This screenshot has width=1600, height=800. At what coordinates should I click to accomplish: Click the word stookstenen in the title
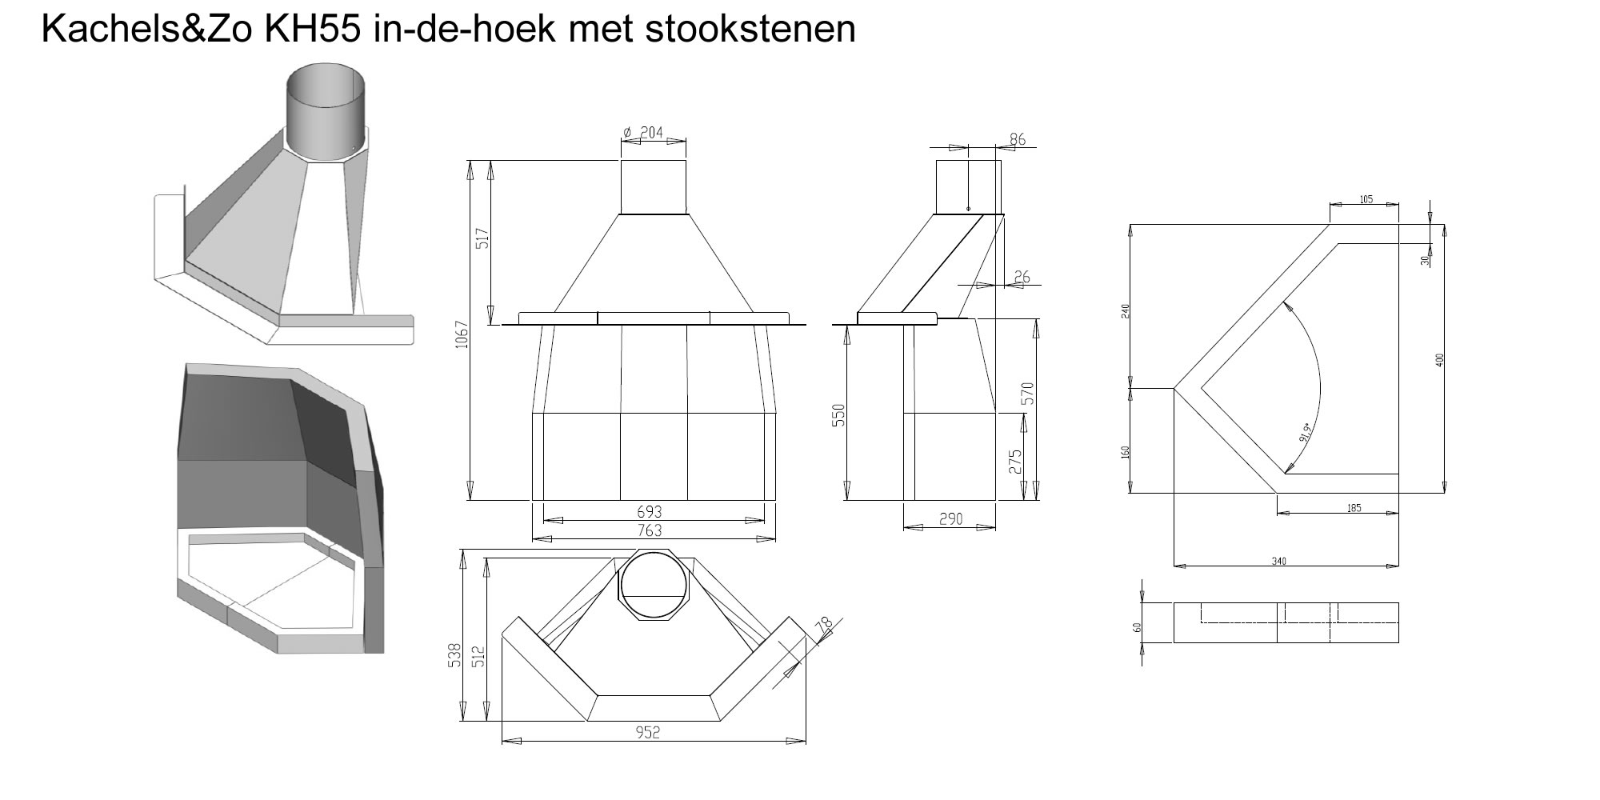pyautogui.click(x=750, y=29)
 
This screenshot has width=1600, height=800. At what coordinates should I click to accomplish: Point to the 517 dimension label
pyautogui.click(x=482, y=238)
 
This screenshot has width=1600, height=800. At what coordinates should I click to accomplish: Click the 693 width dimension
pyautogui.click(x=650, y=511)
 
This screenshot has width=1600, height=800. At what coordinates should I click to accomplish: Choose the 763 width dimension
pyautogui.click(x=650, y=530)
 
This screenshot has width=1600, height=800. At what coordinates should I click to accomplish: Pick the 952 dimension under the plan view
pyautogui.click(x=648, y=732)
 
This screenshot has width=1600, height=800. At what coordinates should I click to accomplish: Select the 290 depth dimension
pyautogui.click(x=950, y=519)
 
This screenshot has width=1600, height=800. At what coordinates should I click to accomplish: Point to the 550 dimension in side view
pyautogui.click(x=839, y=415)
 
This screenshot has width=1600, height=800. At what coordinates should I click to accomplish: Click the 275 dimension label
pyautogui.click(x=1015, y=462)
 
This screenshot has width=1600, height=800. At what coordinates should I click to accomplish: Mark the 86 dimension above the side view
pyautogui.click(x=1017, y=139)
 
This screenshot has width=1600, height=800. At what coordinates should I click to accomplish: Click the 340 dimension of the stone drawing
pyautogui.click(x=1278, y=562)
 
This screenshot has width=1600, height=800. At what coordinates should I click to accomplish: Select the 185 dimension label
pyautogui.click(x=1354, y=508)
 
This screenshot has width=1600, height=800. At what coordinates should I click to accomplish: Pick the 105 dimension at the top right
pyautogui.click(x=1366, y=199)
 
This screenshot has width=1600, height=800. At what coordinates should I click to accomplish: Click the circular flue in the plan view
pyautogui.click(x=654, y=584)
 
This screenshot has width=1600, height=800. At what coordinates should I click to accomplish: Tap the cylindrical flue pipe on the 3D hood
pyautogui.click(x=327, y=110)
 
